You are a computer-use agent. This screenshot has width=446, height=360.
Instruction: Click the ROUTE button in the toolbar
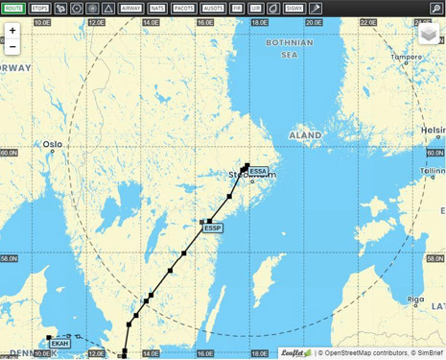(13, 9)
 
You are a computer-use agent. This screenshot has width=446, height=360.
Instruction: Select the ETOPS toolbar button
(39, 9)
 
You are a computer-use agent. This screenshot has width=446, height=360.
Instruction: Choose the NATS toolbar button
(157, 9)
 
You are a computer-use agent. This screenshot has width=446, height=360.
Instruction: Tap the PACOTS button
(183, 9)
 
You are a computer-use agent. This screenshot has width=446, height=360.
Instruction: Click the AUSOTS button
(213, 9)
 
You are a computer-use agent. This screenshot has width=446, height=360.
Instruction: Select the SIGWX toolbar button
(293, 9)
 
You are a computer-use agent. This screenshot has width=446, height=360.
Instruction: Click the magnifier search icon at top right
(436, 9)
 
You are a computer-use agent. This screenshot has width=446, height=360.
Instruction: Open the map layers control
(429, 35)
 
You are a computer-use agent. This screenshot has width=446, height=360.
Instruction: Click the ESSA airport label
(258, 172)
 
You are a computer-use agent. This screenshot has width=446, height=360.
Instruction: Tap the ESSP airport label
(213, 228)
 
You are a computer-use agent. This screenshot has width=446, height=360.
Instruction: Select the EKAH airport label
(59, 343)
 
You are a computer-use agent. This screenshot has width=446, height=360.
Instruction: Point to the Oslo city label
(52, 145)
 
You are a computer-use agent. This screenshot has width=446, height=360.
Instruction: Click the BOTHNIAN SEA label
(290, 49)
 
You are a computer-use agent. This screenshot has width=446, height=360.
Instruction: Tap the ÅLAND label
(305, 136)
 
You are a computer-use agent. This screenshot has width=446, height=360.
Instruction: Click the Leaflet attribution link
(296, 353)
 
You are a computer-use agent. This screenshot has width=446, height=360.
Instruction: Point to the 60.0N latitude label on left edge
(9, 153)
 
